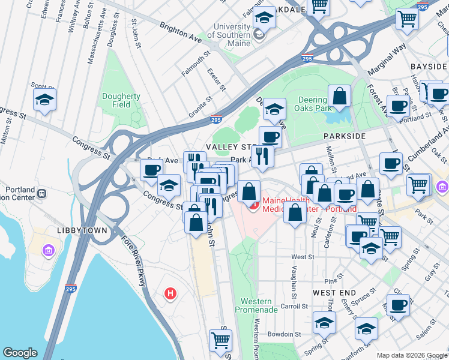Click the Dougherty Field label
(x=121, y=100)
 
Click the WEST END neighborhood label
(x=331, y=292)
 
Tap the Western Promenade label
(x=259, y=305)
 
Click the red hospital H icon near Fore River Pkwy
(x=171, y=293)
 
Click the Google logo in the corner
(x=20, y=353)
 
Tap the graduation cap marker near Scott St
(x=44, y=100)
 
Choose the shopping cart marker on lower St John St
(x=220, y=340)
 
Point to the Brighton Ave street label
(x=180, y=32)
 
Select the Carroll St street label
(x=294, y=306)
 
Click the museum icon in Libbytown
(x=48, y=250)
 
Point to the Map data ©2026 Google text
(x=412, y=355)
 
